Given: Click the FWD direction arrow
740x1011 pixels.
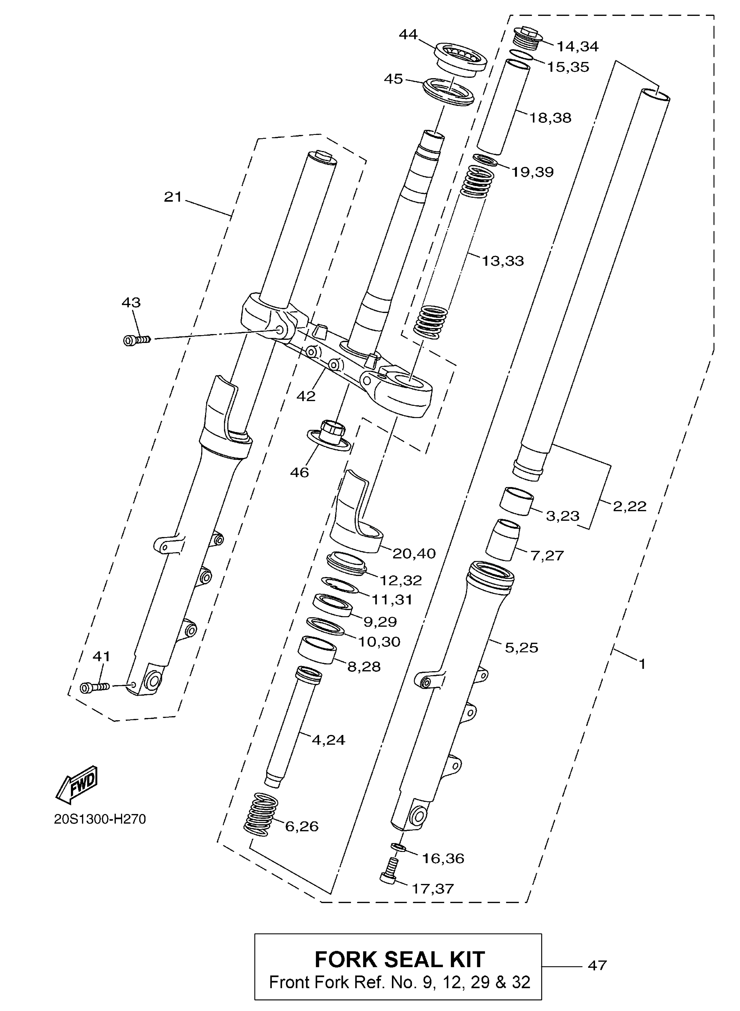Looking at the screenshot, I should [77, 784].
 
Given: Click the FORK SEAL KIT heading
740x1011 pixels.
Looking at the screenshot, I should [400, 960].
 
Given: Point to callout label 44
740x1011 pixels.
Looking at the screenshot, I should [408, 34].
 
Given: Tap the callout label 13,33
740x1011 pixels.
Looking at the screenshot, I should [503, 261].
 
